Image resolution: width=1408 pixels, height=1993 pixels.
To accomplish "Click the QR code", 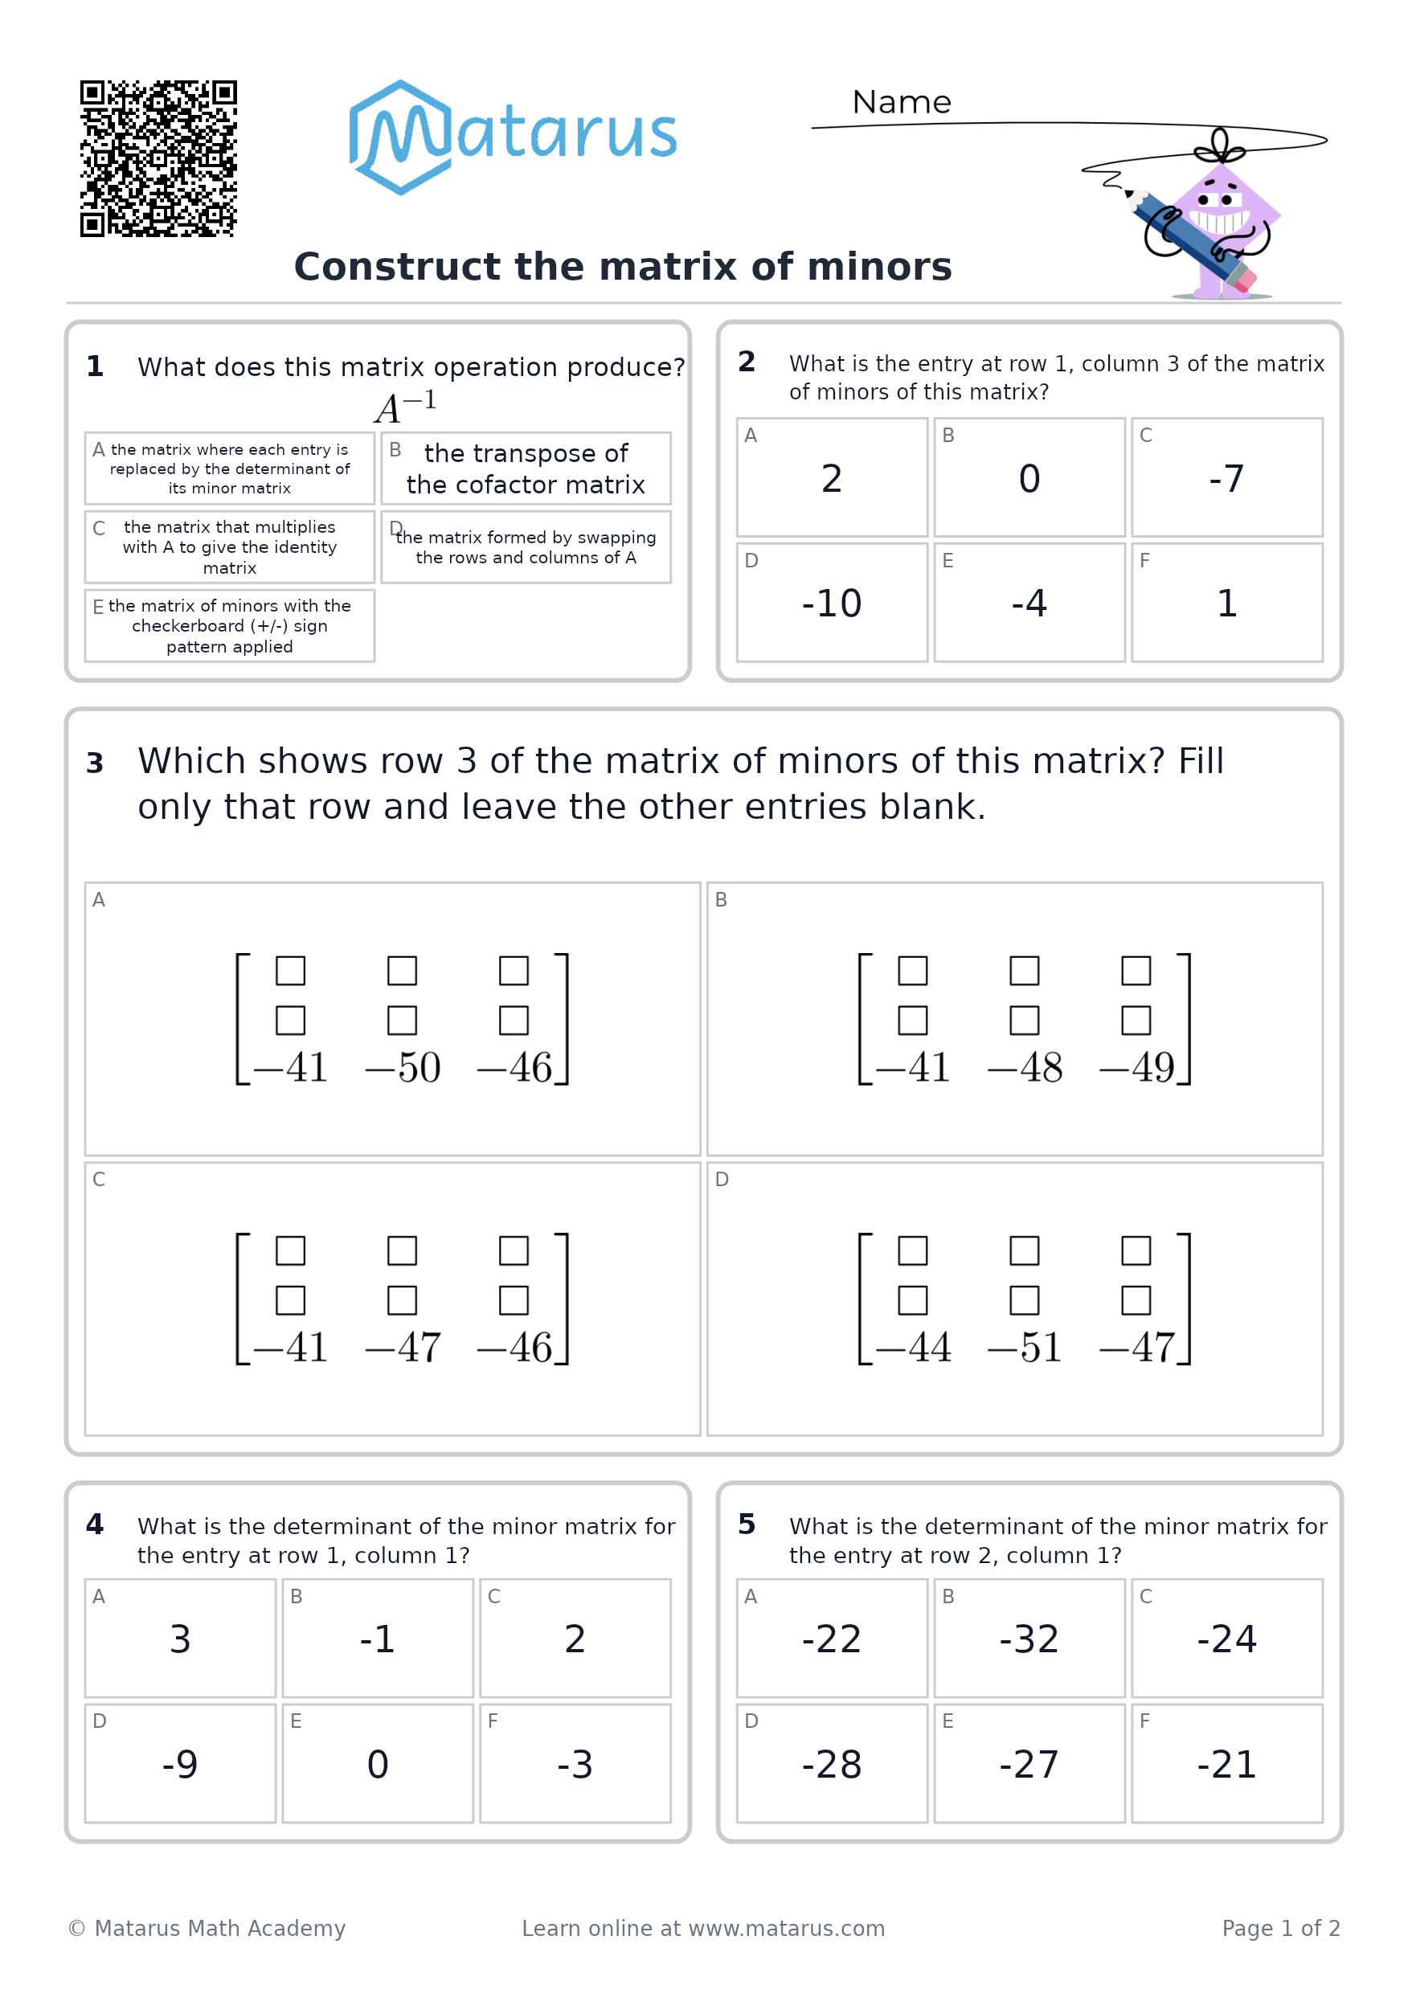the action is (159, 159).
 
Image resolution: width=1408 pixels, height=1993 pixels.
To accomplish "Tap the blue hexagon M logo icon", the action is (400, 137).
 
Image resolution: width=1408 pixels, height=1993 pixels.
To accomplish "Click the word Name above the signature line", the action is (902, 102).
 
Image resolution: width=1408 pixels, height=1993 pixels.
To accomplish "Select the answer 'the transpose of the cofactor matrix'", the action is (526, 469).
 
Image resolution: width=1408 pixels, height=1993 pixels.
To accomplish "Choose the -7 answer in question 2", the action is (1226, 478).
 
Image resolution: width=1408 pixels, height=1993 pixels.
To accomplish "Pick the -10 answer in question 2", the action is (832, 604).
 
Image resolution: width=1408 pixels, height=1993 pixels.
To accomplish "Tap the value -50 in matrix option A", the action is (403, 1068).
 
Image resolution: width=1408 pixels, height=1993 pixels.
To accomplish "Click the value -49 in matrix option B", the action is (1136, 1068).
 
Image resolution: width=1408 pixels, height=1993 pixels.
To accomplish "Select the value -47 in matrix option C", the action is (403, 1348).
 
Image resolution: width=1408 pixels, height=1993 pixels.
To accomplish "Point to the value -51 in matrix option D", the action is (1025, 1348).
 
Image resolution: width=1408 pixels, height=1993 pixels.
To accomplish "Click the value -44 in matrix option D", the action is (913, 1348).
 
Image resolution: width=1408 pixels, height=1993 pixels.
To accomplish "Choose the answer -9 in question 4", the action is (180, 1764).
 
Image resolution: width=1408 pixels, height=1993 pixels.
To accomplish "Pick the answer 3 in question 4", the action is (180, 1639).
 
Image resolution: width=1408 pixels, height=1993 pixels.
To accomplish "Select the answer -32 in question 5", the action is (1029, 1639).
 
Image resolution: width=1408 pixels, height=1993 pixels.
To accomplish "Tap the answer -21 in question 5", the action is (1226, 1764).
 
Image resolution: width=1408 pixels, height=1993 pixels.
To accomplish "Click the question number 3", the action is (95, 763).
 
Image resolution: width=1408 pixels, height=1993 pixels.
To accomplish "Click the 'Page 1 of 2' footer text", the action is (1281, 1928).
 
